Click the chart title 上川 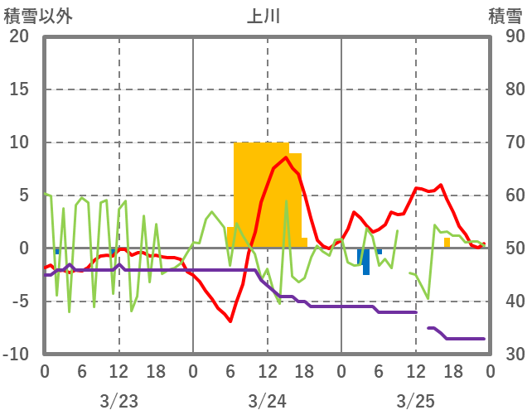(263, 16)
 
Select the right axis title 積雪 (505, 16)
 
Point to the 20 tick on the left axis (19, 36)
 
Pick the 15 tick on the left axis (19, 89)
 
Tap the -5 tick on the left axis (19, 302)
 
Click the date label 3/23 (118, 401)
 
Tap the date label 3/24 (267, 401)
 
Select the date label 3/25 (415, 401)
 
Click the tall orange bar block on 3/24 (262, 195)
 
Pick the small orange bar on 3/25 (447, 243)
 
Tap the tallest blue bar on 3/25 (366, 262)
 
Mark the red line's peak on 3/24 (286, 157)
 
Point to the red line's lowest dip (230, 321)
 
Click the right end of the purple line (484, 338)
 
